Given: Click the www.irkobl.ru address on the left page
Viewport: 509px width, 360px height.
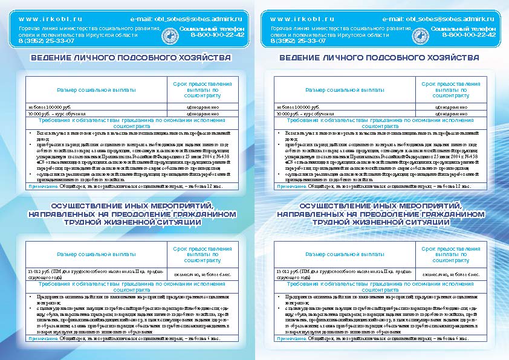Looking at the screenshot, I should pos(45,20).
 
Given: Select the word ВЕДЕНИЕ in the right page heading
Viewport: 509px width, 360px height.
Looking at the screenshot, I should pos(303,58).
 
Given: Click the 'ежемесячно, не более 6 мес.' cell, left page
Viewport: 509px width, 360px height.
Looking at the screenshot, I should pos(202,275).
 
